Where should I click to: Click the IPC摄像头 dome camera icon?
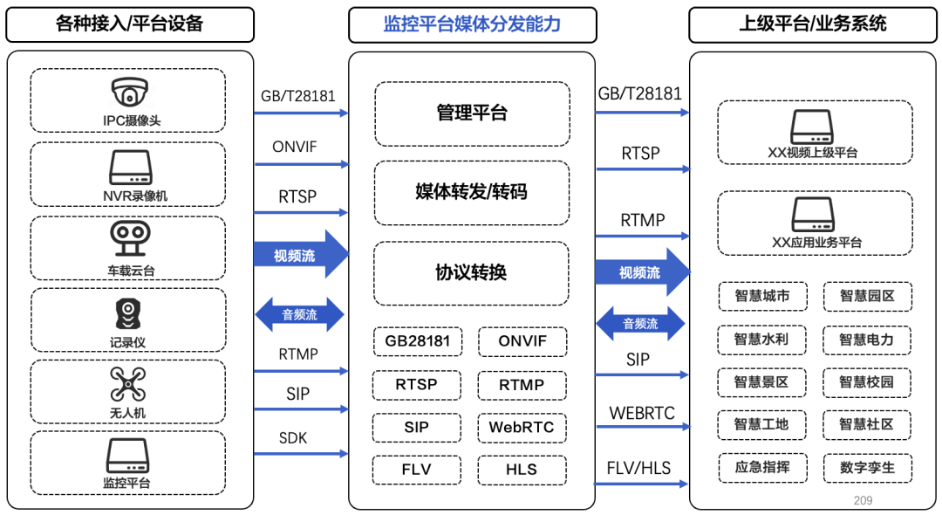click(x=129, y=92)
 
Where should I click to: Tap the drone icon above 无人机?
click(x=127, y=384)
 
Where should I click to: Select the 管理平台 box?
click(x=472, y=113)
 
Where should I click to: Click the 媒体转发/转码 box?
click(x=472, y=192)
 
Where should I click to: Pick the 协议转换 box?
click(x=472, y=273)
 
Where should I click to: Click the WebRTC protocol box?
click(x=522, y=428)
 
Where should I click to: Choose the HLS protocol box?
click(x=522, y=470)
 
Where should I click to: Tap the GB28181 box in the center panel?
click(x=418, y=341)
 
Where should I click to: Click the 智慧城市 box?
click(x=761, y=297)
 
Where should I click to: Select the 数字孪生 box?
click(x=867, y=468)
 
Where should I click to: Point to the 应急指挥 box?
click(x=761, y=468)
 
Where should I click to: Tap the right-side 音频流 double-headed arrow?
click(x=640, y=324)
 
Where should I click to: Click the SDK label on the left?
click(x=293, y=438)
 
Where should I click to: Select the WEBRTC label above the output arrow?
click(x=642, y=413)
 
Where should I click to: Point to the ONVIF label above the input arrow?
click(x=295, y=148)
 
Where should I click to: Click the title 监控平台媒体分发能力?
click(x=472, y=24)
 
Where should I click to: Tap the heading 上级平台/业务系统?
click(x=813, y=24)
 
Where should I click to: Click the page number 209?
click(x=863, y=500)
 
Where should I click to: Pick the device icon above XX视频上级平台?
click(x=813, y=127)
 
